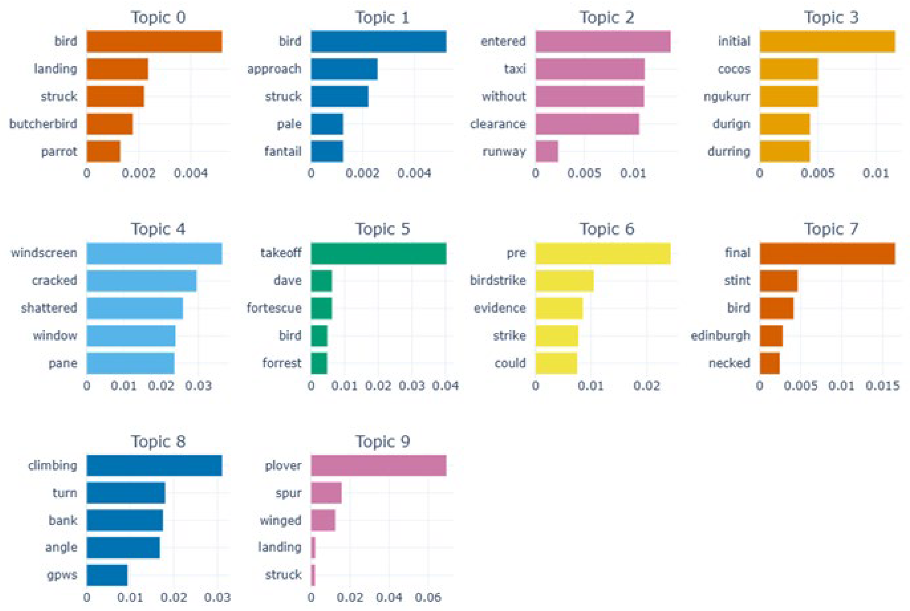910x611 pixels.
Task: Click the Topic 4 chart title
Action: [158, 229]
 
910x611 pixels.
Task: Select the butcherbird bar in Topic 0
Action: [110, 124]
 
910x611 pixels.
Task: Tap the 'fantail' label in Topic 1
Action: [283, 151]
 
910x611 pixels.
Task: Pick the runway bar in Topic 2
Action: [546, 151]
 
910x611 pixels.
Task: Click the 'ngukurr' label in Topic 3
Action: [727, 96]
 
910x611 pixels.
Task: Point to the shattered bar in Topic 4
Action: [135, 308]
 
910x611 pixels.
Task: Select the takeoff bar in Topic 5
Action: [378, 253]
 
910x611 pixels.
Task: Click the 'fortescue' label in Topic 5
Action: [274, 308]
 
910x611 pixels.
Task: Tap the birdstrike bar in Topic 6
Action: [564, 280]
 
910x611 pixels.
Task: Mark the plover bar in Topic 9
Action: [378, 465]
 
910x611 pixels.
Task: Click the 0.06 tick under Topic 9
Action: [428, 597]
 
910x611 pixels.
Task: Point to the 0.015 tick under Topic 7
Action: [883, 386]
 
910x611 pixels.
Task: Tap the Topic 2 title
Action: [607, 17]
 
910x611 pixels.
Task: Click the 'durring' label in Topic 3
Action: [729, 151]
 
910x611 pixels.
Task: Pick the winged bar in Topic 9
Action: [323, 520]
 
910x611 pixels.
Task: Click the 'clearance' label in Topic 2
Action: [498, 124]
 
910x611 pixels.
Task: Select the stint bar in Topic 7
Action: [778, 280]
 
